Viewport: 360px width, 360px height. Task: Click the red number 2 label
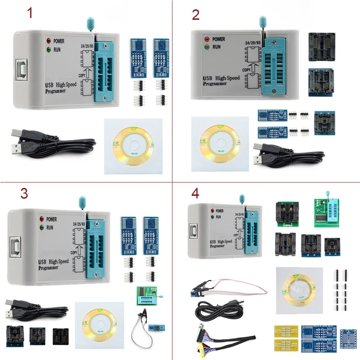(195, 14)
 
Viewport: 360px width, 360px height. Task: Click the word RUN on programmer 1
(63, 49)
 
